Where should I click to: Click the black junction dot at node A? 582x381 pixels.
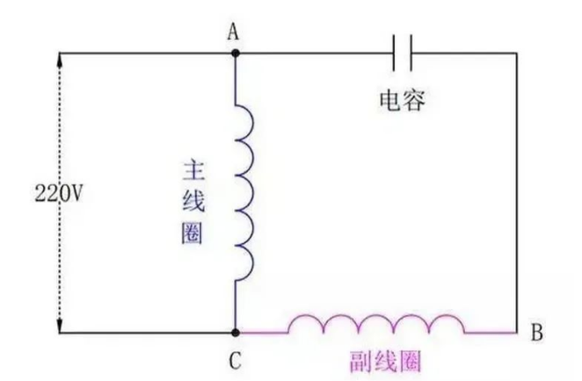(x=235, y=53)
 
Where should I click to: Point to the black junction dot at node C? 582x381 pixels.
(x=235, y=334)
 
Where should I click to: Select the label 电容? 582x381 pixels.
(x=402, y=101)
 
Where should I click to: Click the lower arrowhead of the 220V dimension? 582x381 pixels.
(x=59, y=327)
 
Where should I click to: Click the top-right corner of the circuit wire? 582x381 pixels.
(x=517, y=53)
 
